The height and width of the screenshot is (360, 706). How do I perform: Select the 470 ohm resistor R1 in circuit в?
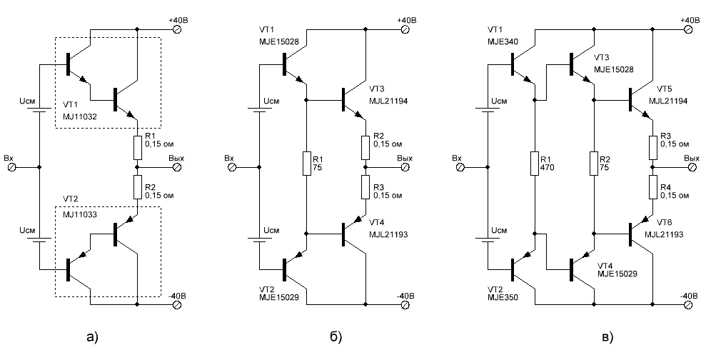pos(535,163)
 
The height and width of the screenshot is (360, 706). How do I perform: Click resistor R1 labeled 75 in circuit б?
pos(306,163)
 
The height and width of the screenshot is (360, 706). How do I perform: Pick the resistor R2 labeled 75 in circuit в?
pos(595,163)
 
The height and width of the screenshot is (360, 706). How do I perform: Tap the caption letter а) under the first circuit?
pos(91,336)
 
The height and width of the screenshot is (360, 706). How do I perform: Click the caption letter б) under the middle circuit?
pos(336,336)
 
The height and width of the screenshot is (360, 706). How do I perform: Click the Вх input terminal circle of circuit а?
pos(12,167)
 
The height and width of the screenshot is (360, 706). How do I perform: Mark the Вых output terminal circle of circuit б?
pos(405,167)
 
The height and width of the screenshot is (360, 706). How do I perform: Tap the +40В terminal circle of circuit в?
pos(687,29)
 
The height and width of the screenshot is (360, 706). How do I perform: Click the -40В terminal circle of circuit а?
pos(177,304)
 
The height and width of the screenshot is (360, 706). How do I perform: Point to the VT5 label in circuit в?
pos(664,89)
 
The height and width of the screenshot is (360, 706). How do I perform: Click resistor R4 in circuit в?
pos(653,187)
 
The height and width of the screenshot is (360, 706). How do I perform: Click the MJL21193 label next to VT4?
pos(388,235)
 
